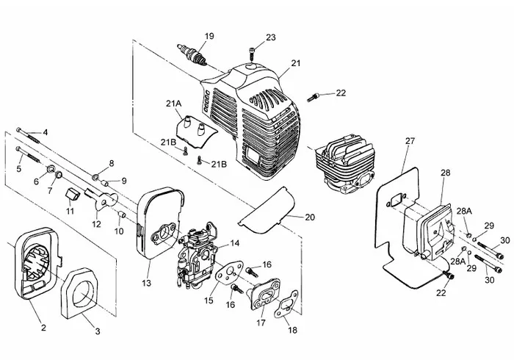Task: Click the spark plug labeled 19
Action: pos(192,54)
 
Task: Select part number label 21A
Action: pos(173,104)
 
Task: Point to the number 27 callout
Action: pos(410,141)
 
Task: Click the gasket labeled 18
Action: pos(286,304)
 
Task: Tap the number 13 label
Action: pos(147,282)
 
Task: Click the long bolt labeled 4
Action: pos(28,134)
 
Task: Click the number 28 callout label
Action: pos(446,173)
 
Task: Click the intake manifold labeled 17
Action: pos(264,294)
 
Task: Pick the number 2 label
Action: pos(43,327)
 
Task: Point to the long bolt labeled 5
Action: pos(28,155)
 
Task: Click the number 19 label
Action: pos(209,36)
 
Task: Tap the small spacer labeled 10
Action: pos(122,215)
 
